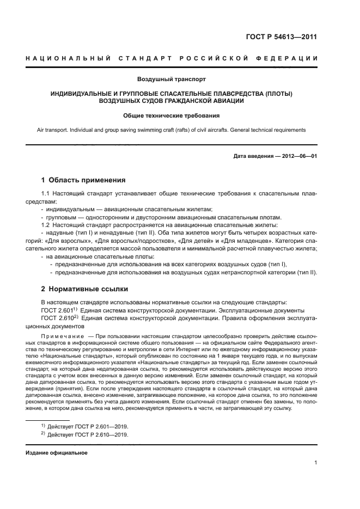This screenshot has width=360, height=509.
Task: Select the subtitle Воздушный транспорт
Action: (180, 79)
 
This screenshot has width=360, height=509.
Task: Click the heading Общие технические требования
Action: (180, 115)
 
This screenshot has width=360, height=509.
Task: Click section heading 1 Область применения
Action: (84, 180)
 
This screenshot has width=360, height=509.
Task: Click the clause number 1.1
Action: (46, 194)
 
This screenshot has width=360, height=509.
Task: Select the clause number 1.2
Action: (46, 225)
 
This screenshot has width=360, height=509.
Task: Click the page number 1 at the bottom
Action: (316, 463)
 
